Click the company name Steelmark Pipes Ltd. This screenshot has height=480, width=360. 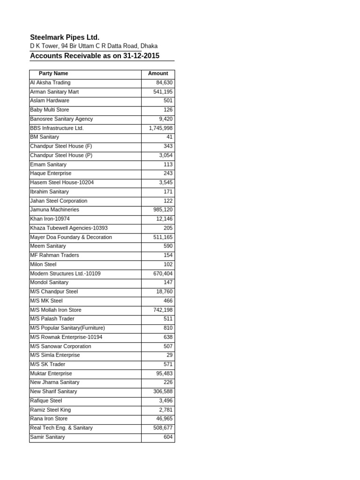(65, 37)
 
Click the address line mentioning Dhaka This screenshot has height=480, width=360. (94, 46)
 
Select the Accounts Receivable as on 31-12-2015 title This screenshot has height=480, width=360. (95, 56)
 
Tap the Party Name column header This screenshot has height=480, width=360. (53, 74)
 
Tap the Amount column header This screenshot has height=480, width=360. (158, 74)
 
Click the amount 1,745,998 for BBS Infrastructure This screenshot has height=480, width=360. (161, 128)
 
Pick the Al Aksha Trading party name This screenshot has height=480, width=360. (50, 82)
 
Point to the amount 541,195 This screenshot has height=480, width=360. (163, 92)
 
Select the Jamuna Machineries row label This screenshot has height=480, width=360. (54, 210)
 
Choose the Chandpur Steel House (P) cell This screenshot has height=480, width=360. (58, 155)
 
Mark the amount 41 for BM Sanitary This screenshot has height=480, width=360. (169, 137)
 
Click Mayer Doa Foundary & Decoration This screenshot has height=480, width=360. (71, 237)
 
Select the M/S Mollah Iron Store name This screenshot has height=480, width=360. (55, 310)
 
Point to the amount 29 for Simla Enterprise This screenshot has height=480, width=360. (169, 355)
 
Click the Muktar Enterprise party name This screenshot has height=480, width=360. (51, 374)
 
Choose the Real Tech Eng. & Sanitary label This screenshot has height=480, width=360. (61, 427)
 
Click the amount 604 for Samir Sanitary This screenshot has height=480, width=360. (168, 437)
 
